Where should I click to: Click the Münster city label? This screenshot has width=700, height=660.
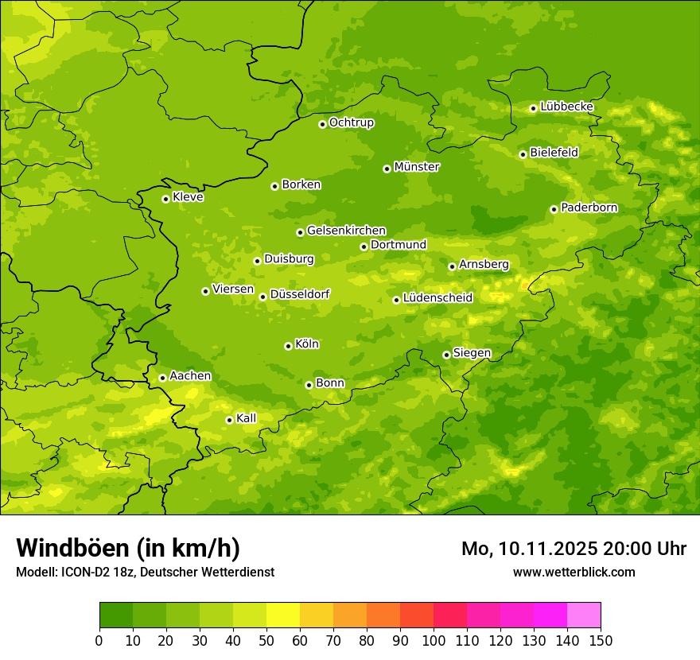click(x=416, y=167)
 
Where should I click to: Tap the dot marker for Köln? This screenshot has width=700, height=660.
click(x=288, y=346)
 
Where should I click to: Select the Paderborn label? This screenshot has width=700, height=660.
click(x=589, y=208)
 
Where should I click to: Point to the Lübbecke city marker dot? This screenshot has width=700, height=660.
click(x=533, y=108)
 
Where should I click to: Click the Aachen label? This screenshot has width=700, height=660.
click(x=190, y=376)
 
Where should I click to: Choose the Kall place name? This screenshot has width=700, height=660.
click(x=246, y=418)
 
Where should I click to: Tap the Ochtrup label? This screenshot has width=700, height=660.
click(x=351, y=122)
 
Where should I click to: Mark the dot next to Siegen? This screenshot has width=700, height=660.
click(x=446, y=355)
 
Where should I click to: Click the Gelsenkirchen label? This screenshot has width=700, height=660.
click(x=346, y=231)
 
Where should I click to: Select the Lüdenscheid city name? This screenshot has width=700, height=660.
click(x=437, y=298)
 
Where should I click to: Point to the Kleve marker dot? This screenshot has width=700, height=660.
click(x=165, y=199)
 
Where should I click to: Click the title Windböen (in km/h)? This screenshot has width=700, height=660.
click(x=127, y=548)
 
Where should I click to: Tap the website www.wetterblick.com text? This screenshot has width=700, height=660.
click(x=574, y=572)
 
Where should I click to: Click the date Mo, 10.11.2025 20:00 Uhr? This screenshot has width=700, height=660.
click(x=574, y=549)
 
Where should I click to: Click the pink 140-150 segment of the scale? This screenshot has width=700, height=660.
click(x=584, y=615)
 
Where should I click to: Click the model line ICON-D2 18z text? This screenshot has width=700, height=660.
click(x=145, y=572)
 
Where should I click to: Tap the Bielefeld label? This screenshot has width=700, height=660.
click(x=554, y=152)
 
